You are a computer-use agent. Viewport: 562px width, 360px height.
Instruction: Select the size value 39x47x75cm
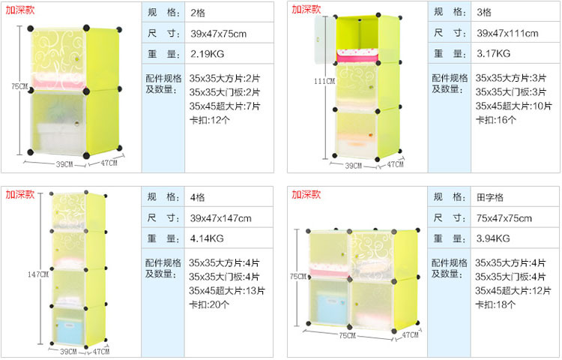(218, 34)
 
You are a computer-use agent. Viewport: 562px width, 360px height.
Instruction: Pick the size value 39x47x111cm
(507, 34)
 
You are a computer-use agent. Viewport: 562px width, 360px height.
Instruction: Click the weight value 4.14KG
(207, 238)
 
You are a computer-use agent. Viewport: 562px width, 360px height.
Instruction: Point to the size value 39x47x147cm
(220, 218)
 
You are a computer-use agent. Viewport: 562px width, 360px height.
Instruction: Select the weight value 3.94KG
(493, 238)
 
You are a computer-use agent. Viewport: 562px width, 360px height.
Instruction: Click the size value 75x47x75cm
(504, 218)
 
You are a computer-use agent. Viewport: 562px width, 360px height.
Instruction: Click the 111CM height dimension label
(324, 81)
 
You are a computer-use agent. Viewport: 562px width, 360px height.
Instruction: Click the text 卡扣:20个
(211, 304)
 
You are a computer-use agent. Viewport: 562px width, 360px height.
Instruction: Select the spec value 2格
(198, 13)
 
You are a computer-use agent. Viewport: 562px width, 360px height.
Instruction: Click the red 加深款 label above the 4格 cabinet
(20, 194)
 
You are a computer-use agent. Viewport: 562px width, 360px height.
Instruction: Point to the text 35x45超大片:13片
(225, 291)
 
